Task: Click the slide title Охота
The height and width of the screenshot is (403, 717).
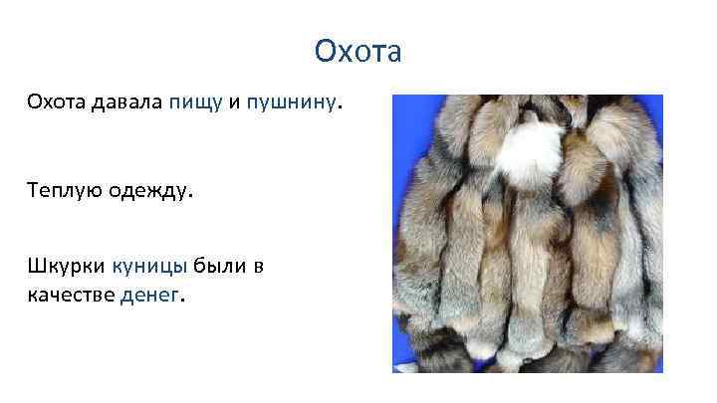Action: tap(358, 50)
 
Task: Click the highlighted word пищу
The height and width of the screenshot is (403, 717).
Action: tap(195, 103)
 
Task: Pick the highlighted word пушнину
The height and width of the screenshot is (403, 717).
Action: tap(291, 103)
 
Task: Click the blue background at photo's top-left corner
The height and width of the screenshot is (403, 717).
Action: tap(401, 103)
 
